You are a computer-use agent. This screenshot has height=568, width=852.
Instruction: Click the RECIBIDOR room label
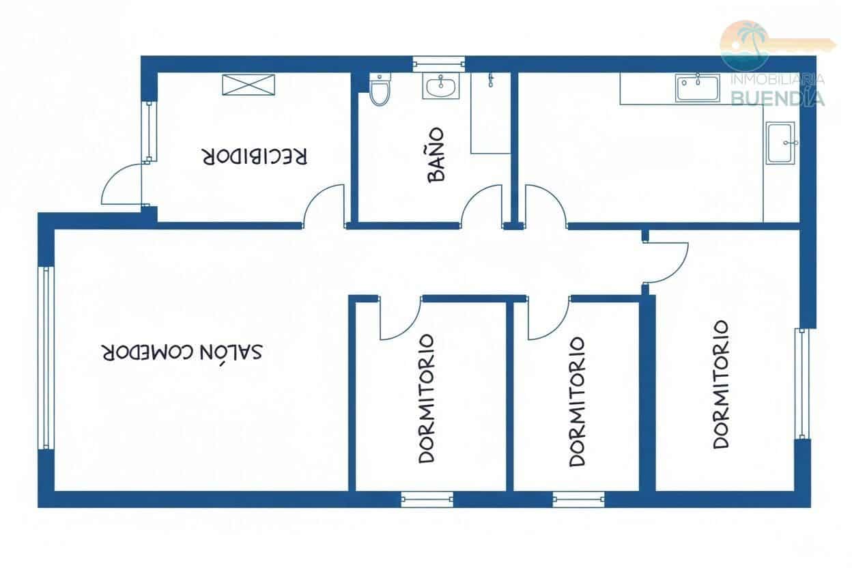255,156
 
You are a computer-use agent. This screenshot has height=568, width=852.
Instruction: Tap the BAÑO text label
436,154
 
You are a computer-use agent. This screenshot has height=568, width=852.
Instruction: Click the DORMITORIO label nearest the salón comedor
427,398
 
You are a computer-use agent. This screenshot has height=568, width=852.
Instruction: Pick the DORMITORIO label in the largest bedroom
721,384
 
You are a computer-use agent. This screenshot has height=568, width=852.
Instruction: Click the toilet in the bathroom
380,90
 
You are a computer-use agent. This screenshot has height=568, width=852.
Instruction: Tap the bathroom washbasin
441,86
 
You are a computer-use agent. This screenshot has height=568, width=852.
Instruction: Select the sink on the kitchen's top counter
698,88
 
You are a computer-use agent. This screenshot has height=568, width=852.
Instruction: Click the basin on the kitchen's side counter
780,143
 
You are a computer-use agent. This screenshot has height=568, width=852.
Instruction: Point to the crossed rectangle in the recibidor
248,85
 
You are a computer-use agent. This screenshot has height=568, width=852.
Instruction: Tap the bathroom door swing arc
481,205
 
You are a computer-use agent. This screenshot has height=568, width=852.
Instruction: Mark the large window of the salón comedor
47,357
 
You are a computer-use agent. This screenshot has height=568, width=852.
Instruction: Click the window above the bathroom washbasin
440,65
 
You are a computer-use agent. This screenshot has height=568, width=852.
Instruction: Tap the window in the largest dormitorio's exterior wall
802,383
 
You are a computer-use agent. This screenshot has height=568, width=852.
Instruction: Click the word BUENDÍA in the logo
778,98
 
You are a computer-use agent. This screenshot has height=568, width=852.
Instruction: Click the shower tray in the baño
490,116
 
